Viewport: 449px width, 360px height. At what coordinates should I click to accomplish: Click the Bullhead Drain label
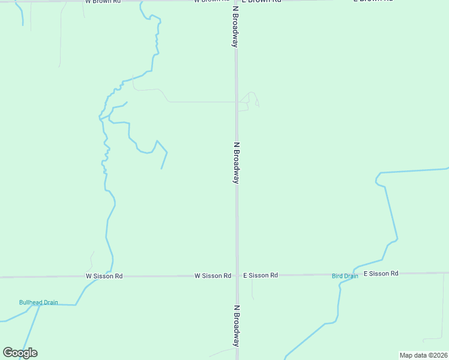point(38,302)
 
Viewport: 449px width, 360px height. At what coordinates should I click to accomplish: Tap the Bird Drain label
point(345,276)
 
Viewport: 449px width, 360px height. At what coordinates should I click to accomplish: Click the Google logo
point(20,353)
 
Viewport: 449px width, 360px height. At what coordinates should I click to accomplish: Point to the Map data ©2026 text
point(423,355)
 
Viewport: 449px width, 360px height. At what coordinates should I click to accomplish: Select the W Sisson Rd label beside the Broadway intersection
point(212,276)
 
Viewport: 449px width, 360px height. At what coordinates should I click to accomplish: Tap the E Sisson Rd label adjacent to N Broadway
point(261,275)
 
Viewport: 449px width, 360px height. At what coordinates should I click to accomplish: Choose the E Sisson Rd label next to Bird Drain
point(381,274)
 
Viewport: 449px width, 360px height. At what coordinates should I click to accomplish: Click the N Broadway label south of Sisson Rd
point(237,326)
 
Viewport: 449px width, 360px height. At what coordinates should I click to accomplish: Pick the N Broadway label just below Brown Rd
point(236,27)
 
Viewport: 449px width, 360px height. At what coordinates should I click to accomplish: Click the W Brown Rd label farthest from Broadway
point(103,2)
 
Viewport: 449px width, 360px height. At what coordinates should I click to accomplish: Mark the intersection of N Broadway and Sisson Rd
point(237,276)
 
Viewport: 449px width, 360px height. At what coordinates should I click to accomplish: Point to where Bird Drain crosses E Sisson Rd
point(355,274)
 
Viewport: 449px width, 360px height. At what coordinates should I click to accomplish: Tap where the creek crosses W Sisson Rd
point(111,277)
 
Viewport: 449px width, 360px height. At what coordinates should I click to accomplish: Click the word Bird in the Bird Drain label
point(337,276)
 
